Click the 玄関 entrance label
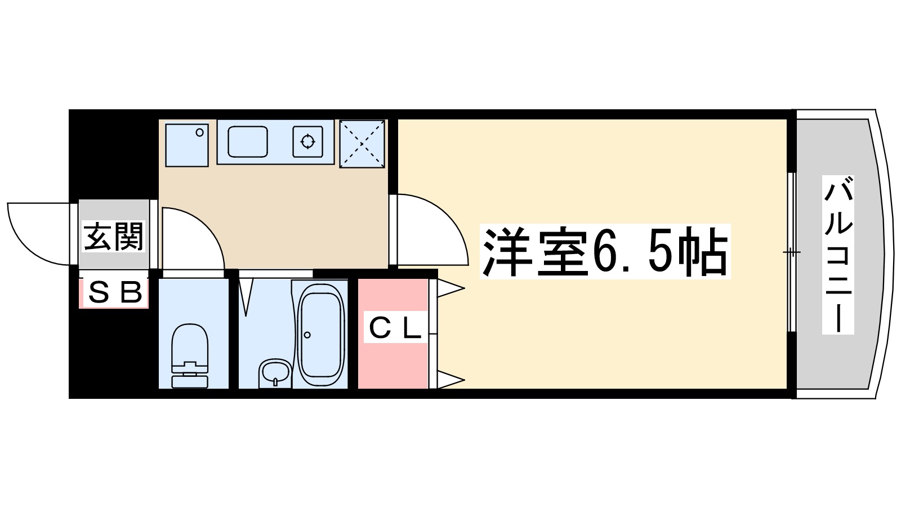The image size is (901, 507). pyautogui.click(x=113, y=237)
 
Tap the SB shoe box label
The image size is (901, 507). pyautogui.click(x=114, y=293)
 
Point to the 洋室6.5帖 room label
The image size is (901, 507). pyautogui.click(x=605, y=251)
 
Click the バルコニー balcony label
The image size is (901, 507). pyautogui.click(x=837, y=255)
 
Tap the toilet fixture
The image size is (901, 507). pyautogui.click(x=190, y=355)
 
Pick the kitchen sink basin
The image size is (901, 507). pyautogui.click(x=248, y=141)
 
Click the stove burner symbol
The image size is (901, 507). pyautogui.click(x=307, y=141)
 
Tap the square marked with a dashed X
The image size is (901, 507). pyautogui.click(x=362, y=144)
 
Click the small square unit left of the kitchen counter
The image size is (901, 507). pyautogui.click(x=187, y=145)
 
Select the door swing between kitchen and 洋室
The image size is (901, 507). pyautogui.click(x=431, y=228)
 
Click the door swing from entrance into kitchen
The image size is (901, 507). pyautogui.click(x=191, y=237)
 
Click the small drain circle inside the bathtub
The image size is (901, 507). pyautogui.click(x=307, y=335)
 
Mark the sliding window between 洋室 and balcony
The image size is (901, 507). pyautogui.click(x=791, y=252)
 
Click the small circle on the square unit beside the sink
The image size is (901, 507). pyautogui.click(x=199, y=133)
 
